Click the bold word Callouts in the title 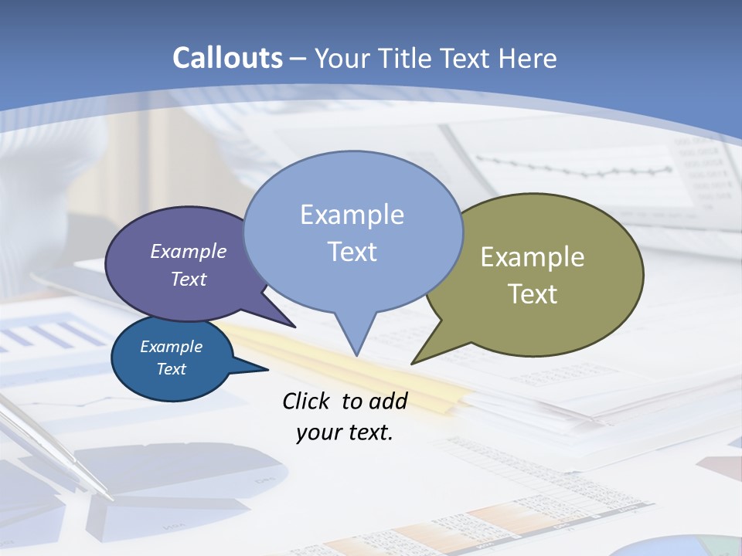pyautogui.click(x=227, y=58)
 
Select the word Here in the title pyautogui.click(x=529, y=59)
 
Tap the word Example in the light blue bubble pyautogui.click(x=352, y=215)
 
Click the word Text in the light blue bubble pyautogui.click(x=352, y=252)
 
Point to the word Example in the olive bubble pyautogui.click(x=533, y=257)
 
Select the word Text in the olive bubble pyautogui.click(x=533, y=294)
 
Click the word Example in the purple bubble pyautogui.click(x=189, y=252)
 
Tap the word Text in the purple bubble pyautogui.click(x=189, y=280)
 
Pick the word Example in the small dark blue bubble pyautogui.click(x=172, y=347)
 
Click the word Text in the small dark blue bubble pyautogui.click(x=172, y=369)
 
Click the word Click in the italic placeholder pyautogui.click(x=307, y=401)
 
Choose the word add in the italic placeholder pyautogui.click(x=388, y=401)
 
